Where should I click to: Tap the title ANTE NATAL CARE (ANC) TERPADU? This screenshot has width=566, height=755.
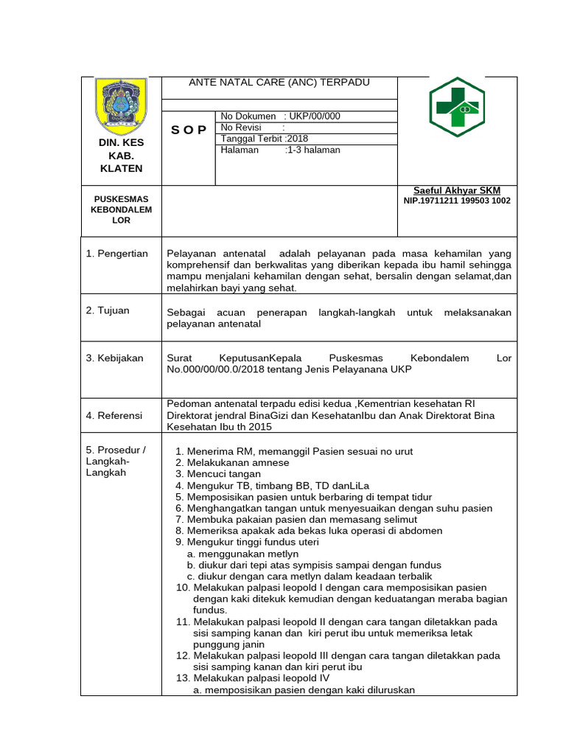click(x=279, y=83)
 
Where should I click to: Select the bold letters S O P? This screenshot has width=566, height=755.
click(x=189, y=131)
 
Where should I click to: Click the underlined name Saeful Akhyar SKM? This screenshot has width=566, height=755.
click(x=457, y=190)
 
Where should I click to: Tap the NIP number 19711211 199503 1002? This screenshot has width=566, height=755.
click(x=457, y=201)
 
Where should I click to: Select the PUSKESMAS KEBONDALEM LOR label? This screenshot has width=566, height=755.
click(x=121, y=209)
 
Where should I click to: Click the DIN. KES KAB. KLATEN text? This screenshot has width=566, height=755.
click(x=121, y=155)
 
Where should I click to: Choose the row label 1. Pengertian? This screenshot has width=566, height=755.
click(x=117, y=254)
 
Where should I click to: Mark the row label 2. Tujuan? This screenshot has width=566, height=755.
click(x=108, y=310)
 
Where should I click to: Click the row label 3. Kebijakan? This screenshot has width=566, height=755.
click(x=115, y=358)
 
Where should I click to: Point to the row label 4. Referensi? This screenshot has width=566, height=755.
click(x=114, y=416)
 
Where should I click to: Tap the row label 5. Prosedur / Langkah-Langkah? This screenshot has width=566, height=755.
click(x=116, y=461)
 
